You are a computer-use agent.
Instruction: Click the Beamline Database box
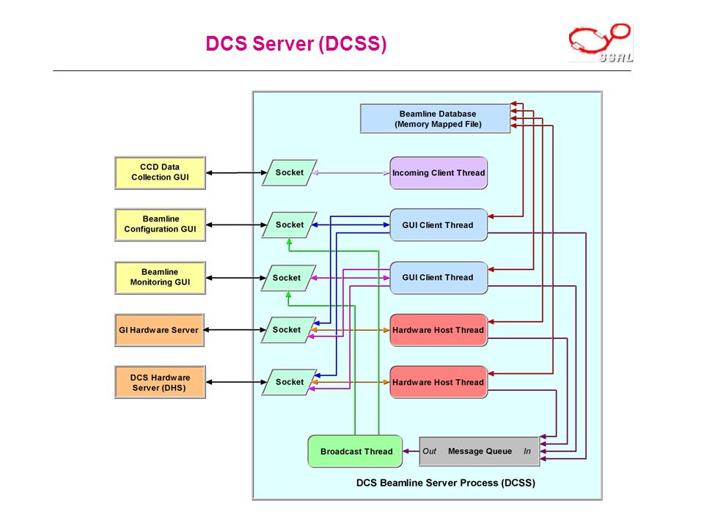pyautogui.click(x=435, y=119)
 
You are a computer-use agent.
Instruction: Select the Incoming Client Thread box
pyautogui.click(x=439, y=173)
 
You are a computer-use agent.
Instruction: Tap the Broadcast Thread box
pyautogui.click(x=355, y=451)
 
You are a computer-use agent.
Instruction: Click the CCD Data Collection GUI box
pyautogui.click(x=161, y=173)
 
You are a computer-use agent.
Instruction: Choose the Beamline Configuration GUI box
pyautogui.click(x=161, y=224)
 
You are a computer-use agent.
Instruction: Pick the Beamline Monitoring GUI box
pyautogui.click(x=161, y=277)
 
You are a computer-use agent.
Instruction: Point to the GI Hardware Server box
pyautogui.click(x=159, y=330)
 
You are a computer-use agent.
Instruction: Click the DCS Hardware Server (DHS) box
pyautogui.click(x=161, y=382)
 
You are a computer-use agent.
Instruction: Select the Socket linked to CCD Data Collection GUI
pyautogui.click(x=290, y=172)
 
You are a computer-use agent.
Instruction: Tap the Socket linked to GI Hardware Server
pyautogui.click(x=287, y=329)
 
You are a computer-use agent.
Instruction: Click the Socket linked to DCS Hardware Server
pyautogui.click(x=290, y=382)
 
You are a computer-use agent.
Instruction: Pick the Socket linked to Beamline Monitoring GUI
pyautogui.click(x=287, y=277)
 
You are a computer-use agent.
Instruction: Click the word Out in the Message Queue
pyautogui.click(x=429, y=451)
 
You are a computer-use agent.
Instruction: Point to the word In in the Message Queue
pyautogui.click(x=527, y=451)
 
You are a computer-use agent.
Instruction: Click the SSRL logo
pyautogui.click(x=601, y=43)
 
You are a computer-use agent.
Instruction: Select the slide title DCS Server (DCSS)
pyautogui.click(x=296, y=43)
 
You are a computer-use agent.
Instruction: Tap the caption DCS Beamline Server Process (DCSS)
pyautogui.click(x=445, y=483)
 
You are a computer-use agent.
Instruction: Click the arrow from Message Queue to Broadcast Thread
pyautogui.click(x=411, y=451)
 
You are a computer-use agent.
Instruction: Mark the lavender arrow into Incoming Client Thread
pyautogui.click(x=351, y=173)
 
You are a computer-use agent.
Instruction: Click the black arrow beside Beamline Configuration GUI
pyautogui.click(x=236, y=224)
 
